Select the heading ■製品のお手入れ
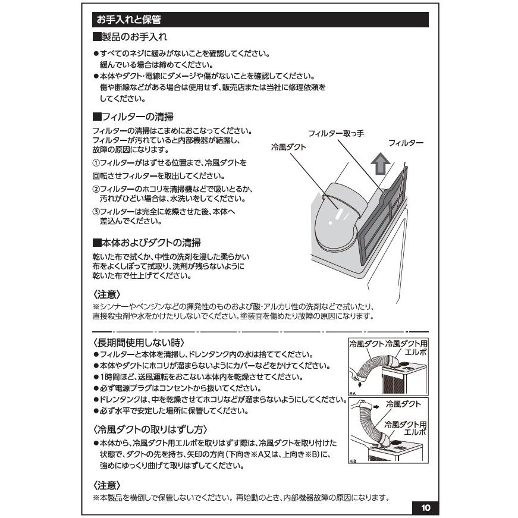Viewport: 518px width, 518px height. (x=129, y=37)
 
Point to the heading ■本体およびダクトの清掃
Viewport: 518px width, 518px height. (x=146, y=243)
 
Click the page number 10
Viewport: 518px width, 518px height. (x=425, y=508)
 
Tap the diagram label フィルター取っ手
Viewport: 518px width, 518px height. (x=336, y=134)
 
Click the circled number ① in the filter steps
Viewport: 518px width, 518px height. (x=96, y=162)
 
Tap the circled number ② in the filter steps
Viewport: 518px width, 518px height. (x=96, y=189)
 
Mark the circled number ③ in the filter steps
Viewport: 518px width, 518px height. (x=96, y=212)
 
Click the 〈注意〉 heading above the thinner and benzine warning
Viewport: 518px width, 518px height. (x=107, y=294)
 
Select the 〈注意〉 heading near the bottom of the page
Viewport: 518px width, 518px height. (x=107, y=485)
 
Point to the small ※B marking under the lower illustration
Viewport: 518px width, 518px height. (x=353, y=462)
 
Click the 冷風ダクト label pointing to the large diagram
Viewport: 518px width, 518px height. (x=288, y=147)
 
